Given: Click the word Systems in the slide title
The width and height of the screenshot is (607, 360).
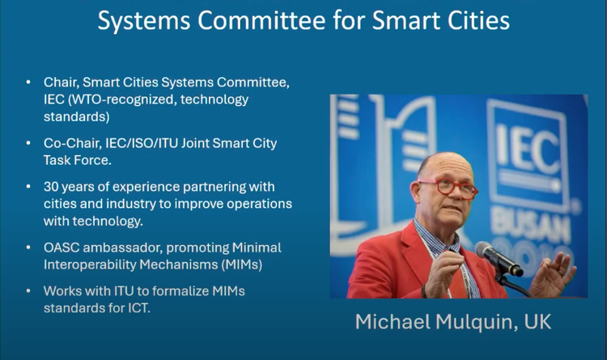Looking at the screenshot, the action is pyautogui.click(x=143, y=20).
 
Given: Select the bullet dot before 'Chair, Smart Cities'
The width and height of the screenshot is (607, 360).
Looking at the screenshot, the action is pyautogui.click(x=28, y=82).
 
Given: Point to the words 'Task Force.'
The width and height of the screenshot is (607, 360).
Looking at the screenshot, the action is pyautogui.click(x=78, y=160).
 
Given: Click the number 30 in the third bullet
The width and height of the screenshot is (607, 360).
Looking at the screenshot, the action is pyautogui.click(x=51, y=187).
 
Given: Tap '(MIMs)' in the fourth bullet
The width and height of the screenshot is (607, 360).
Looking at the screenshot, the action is pyautogui.click(x=241, y=265).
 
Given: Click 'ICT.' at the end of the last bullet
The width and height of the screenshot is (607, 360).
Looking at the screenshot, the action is pyautogui.click(x=139, y=308).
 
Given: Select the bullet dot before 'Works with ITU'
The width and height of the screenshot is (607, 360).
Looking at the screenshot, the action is pyautogui.click(x=28, y=290).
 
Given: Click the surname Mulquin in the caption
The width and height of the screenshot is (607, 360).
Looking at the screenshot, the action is pyautogui.click(x=477, y=322).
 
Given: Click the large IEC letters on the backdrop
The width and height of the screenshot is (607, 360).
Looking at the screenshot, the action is pyautogui.click(x=527, y=149).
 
